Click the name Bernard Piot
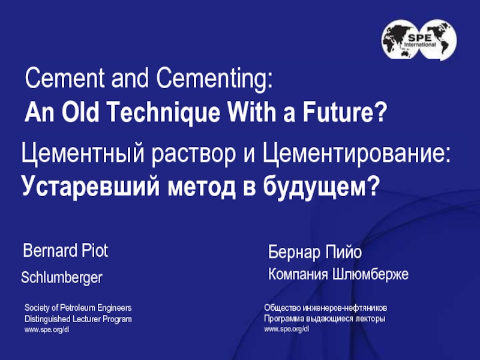pos(65,251)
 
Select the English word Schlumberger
pos(62,278)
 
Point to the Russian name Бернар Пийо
pos(315,252)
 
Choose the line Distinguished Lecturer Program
pos(78,319)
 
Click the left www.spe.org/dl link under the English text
pos(47,331)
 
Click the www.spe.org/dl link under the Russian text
pos(286,331)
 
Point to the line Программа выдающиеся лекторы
pos(325,319)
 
